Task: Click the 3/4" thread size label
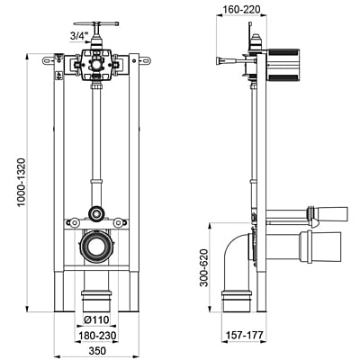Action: point(77,37)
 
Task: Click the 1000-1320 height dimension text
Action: point(22,182)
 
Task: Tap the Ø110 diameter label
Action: point(97,319)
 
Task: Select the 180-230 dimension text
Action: point(97,336)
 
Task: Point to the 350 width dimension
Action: point(97,351)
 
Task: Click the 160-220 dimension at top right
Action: point(241,10)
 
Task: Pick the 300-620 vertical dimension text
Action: point(204,268)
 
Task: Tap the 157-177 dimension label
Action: point(244,335)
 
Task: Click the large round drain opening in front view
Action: point(96,247)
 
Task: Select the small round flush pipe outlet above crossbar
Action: point(96,214)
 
